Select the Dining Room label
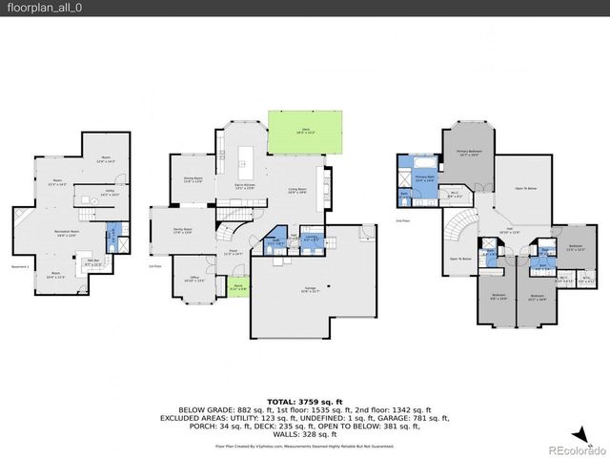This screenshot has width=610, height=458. click(x=193, y=180)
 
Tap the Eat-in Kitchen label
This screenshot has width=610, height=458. click(x=246, y=186)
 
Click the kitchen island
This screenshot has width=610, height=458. click(x=251, y=155)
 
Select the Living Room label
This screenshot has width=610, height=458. click(x=298, y=190)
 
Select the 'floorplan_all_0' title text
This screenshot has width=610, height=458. click(x=36, y=8)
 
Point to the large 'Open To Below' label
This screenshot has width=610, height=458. click(x=521, y=189)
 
